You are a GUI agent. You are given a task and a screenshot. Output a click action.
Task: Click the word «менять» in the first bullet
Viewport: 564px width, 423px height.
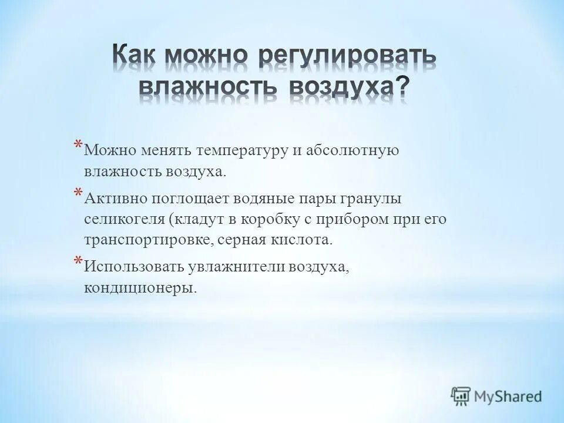tap(160, 150)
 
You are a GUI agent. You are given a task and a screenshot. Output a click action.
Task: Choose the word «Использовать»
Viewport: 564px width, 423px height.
tap(134, 267)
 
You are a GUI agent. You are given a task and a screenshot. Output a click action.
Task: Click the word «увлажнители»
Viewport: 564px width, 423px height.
tap(236, 267)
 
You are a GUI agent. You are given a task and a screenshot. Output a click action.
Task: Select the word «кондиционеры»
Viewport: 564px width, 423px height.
tap(138, 288)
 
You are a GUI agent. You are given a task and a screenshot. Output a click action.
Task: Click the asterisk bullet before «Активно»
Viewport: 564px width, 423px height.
tap(78, 194)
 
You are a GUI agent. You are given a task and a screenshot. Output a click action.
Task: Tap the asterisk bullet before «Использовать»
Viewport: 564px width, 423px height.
tap(78, 263)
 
